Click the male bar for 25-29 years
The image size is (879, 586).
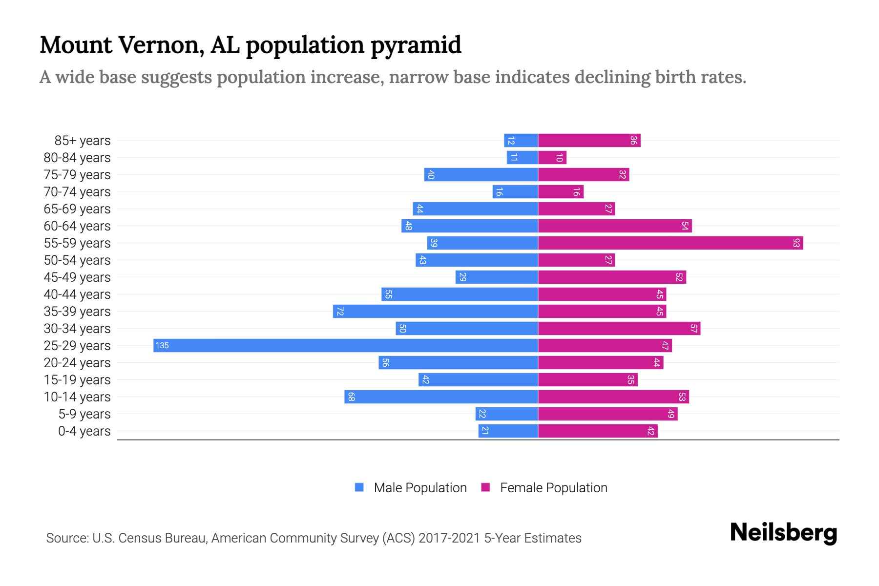click(x=345, y=346)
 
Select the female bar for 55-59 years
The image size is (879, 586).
click(x=670, y=243)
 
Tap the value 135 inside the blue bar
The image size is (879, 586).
click(x=162, y=346)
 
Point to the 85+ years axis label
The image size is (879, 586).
click(x=83, y=141)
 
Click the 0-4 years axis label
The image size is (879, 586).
click(x=84, y=431)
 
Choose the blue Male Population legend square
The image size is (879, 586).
click(x=359, y=487)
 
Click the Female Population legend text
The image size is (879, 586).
click(x=553, y=488)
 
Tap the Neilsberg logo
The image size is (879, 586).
click(x=783, y=533)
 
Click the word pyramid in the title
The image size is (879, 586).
click(x=416, y=45)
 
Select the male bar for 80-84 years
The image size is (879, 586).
click(x=523, y=158)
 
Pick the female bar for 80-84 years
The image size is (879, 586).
click(x=552, y=158)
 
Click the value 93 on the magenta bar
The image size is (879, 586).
click(x=796, y=243)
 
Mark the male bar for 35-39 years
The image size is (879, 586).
click(x=436, y=312)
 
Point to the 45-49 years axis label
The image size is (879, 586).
click(x=77, y=277)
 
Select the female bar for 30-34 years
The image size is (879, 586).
click(x=619, y=329)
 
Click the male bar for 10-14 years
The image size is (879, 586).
click(x=441, y=397)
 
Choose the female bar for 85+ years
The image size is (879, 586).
click(x=589, y=141)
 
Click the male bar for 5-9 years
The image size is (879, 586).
click(x=507, y=414)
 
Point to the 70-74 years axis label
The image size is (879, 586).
click(x=77, y=192)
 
